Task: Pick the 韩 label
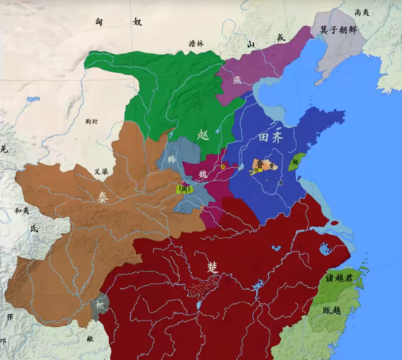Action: pyautogui.click(x=170, y=158)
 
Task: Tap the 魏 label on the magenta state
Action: pyautogui.click(x=203, y=174)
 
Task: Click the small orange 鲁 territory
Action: pyautogui.click(x=260, y=166)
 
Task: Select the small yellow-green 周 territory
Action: pyautogui.click(x=185, y=189)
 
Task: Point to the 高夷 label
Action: pyautogui.click(x=361, y=12)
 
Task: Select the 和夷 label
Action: pyautogui.click(x=21, y=211)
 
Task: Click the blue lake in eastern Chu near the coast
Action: pyautogui.click(x=325, y=249)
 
